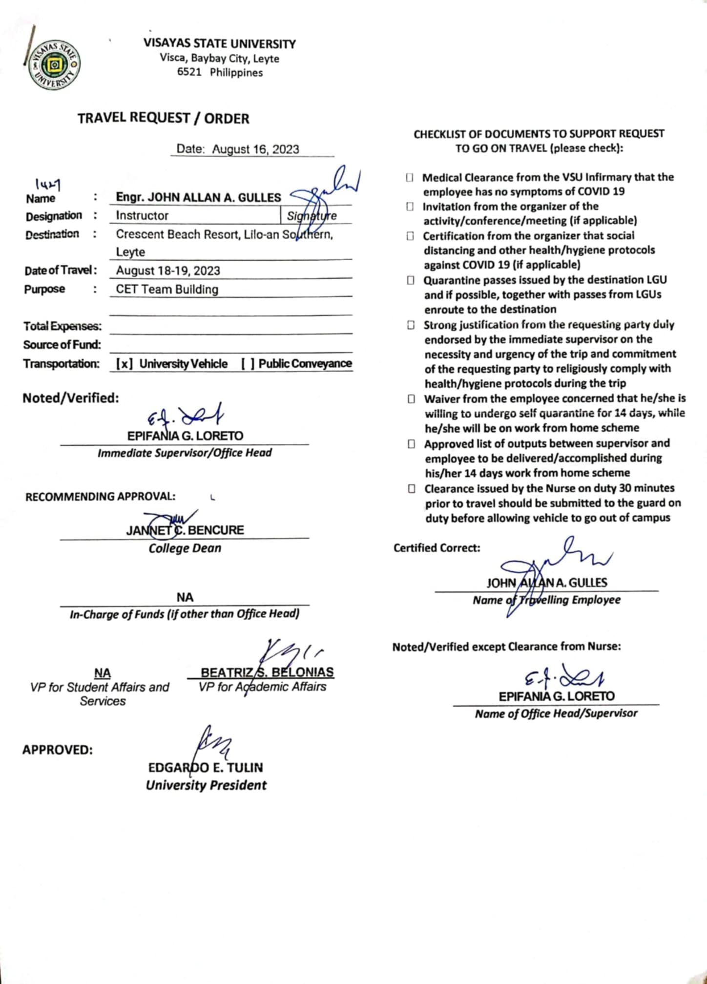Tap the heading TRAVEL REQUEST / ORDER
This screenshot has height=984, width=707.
163,118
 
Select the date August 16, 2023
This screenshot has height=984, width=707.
255,149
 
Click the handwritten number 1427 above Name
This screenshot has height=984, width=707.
48,184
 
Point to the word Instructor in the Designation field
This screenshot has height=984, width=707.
142,215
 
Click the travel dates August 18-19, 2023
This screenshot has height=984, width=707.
168,271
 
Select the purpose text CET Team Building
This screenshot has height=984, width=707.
167,289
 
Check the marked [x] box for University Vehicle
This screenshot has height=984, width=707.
125,364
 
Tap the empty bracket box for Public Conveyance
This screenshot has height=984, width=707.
248,364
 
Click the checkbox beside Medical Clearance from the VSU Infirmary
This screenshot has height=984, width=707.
410,177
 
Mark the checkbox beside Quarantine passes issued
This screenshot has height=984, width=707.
411,280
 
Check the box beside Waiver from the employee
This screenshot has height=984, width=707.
412,399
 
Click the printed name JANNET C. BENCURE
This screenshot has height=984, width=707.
185,530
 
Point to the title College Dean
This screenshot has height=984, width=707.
185,548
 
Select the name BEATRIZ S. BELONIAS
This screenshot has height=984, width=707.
267,672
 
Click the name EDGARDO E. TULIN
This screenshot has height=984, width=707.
206,767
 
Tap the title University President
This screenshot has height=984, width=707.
206,785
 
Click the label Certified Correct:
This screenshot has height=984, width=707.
437,548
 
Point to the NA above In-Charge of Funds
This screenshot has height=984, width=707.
185,597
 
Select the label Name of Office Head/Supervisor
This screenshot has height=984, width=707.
556,713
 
